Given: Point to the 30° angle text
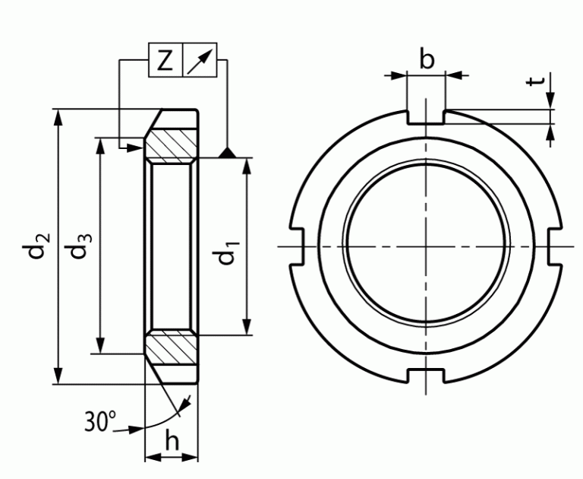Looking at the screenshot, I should click(x=100, y=420).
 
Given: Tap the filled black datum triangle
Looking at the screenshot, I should click(x=226, y=154).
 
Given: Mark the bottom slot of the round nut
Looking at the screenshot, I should click(x=427, y=375).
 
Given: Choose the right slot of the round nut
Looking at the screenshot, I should click(x=556, y=246).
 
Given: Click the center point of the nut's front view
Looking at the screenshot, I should click(x=427, y=246).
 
